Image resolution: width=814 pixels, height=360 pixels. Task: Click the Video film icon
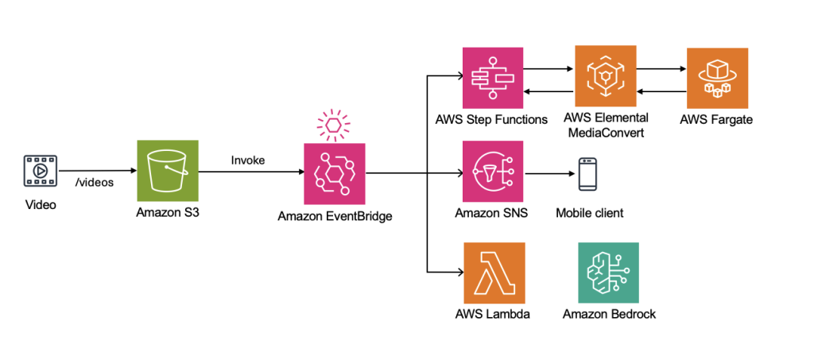(x=39, y=170)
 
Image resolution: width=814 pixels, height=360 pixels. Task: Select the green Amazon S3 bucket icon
(x=166, y=171)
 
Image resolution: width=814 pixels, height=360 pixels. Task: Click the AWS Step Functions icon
(x=493, y=78)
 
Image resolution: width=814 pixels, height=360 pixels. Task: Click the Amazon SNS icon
(x=493, y=172)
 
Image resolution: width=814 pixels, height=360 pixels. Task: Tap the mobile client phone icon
(x=588, y=173)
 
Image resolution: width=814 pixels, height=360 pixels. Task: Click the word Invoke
(x=248, y=160)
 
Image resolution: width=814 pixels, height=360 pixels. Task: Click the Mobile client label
(x=589, y=213)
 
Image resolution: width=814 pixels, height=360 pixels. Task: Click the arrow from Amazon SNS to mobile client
(x=548, y=172)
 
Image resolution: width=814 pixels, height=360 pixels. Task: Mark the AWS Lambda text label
(x=493, y=314)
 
